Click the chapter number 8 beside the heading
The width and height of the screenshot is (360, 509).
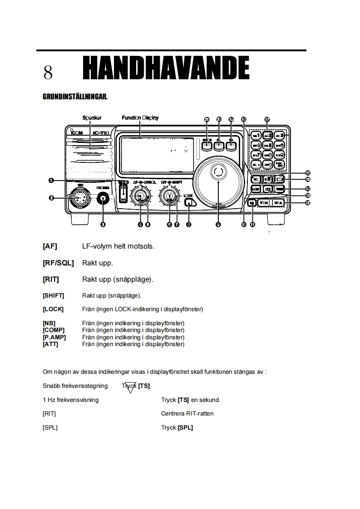point(48,73)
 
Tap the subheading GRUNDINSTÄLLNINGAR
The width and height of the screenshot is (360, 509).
point(74,97)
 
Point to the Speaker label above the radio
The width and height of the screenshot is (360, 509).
point(92,118)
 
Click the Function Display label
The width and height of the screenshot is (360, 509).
point(140,118)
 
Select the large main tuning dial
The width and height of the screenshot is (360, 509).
point(218,177)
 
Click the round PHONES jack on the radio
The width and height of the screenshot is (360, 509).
point(104,198)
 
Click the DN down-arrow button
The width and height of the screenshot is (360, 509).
point(264,203)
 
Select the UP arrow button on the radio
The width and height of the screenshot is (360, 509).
point(279,203)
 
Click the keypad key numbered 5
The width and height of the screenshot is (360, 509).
point(268,146)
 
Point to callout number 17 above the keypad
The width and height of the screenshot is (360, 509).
point(267,119)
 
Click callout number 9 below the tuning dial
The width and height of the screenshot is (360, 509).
point(218,224)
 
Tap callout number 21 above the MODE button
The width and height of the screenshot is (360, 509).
point(207,119)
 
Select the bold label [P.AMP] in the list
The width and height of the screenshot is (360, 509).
point(54,338)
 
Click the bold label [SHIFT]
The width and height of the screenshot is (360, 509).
point(53,296)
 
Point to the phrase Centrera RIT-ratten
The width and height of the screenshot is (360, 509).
point(187,414)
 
